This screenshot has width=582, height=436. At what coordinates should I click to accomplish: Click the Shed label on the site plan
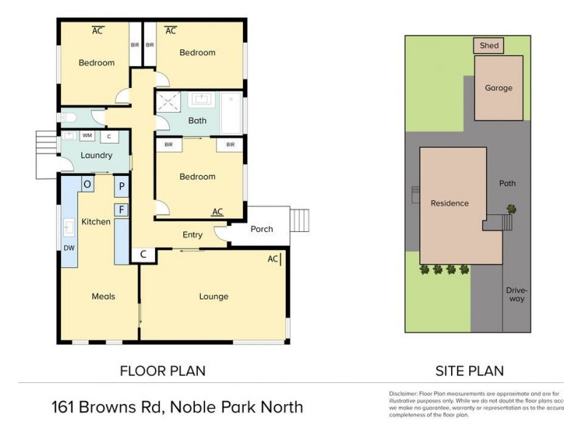click(489, 46)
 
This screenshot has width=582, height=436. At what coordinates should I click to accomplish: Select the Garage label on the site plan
click(498, 88)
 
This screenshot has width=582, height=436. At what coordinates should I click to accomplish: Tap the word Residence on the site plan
click(450, 203)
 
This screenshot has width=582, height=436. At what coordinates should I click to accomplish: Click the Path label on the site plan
click(507, 184)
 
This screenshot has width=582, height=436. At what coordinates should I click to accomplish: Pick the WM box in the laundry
click(87, 135)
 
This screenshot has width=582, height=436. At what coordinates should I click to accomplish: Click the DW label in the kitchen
click(68, 248)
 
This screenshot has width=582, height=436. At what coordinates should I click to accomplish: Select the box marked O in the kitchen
click(87, 185)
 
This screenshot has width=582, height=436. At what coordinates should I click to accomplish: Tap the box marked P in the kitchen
click(121, 186)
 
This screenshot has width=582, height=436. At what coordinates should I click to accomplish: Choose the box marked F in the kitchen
click(121, 210)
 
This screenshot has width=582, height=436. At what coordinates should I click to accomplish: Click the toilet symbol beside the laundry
click(68, 117)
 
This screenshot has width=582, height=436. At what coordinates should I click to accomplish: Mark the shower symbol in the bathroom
click(166, 102)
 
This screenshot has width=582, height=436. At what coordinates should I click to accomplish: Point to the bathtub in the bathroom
click(231, 113)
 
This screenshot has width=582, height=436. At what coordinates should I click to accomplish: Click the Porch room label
click(261, 229)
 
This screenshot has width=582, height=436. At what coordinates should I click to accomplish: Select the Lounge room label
click(214, 296)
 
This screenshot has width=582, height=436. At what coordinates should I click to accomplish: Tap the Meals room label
click(103, 296)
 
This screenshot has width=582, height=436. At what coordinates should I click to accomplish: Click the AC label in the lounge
click(273, 258)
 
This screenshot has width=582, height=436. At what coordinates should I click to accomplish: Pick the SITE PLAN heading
click(469, 371)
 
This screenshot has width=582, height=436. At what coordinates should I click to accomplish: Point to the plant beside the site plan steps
click(512, 209)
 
